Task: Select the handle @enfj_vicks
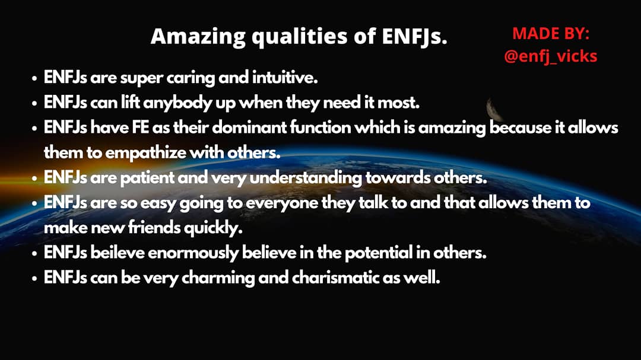coord(551,56)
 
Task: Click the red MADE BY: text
coord(551,33)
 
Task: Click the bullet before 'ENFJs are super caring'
coord(34,78)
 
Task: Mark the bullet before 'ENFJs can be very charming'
coord(34,279)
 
